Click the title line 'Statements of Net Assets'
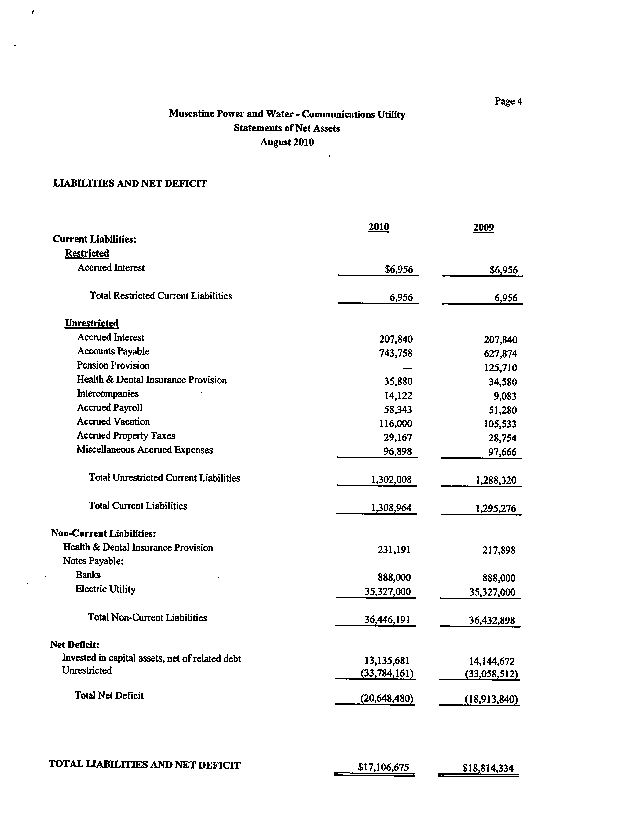point(287,128)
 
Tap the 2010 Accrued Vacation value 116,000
point(396,423)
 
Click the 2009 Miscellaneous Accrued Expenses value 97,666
point(502,452)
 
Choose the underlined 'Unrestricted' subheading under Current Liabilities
point(92,323)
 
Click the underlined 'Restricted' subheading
point(87,254)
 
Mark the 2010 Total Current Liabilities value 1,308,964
point(391,508)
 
